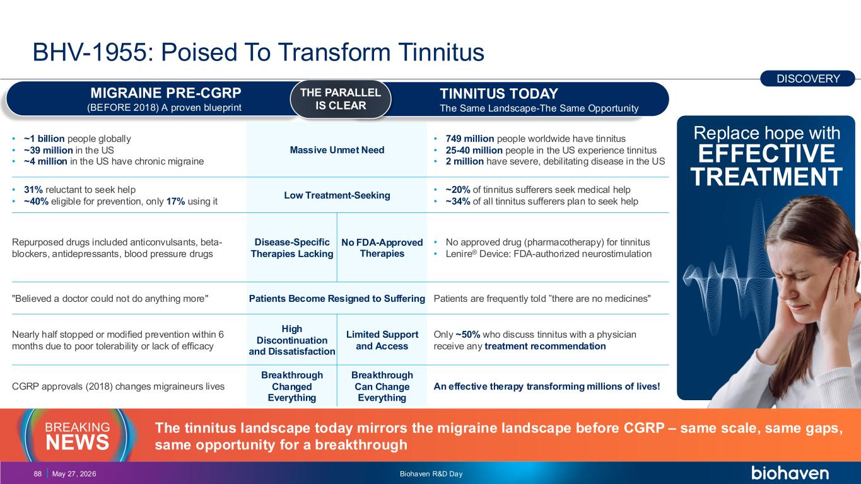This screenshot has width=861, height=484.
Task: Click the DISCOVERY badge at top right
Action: click(x=807, y=78)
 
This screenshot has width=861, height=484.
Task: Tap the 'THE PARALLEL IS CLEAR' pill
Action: click(x=341, y=99)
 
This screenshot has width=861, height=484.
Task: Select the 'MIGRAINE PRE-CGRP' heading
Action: click(x=166, y=93)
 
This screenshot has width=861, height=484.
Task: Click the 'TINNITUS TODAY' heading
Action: click(x=498, y=94)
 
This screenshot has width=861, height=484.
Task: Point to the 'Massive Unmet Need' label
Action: click(x=337, y=150)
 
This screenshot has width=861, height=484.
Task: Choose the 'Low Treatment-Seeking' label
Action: click(x=337, y=195)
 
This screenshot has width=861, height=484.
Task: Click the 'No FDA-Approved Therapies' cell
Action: click(x=382, y=248)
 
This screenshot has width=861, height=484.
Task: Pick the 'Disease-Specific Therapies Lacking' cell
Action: click(x=292, y=248)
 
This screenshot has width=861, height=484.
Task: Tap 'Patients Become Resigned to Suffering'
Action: click(x=337, y=299)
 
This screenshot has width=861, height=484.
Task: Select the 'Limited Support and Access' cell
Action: click(x=382, y=340)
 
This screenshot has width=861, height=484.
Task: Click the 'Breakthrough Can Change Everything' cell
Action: click(x=382, y=386)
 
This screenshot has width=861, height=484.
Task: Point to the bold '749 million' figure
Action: click(x=470, y=139)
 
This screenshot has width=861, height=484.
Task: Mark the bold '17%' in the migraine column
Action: click(x=175, y=201)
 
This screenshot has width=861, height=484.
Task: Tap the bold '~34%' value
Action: click(x=458, y=201)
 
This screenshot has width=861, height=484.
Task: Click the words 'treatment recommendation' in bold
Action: click(x=545, y=346)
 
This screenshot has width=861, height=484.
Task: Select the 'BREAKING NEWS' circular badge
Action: click(x=77, y=435)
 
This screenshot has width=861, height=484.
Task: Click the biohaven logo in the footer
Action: click(x=790, y=473)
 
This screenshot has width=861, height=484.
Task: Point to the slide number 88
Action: click(x=37, y=474)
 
